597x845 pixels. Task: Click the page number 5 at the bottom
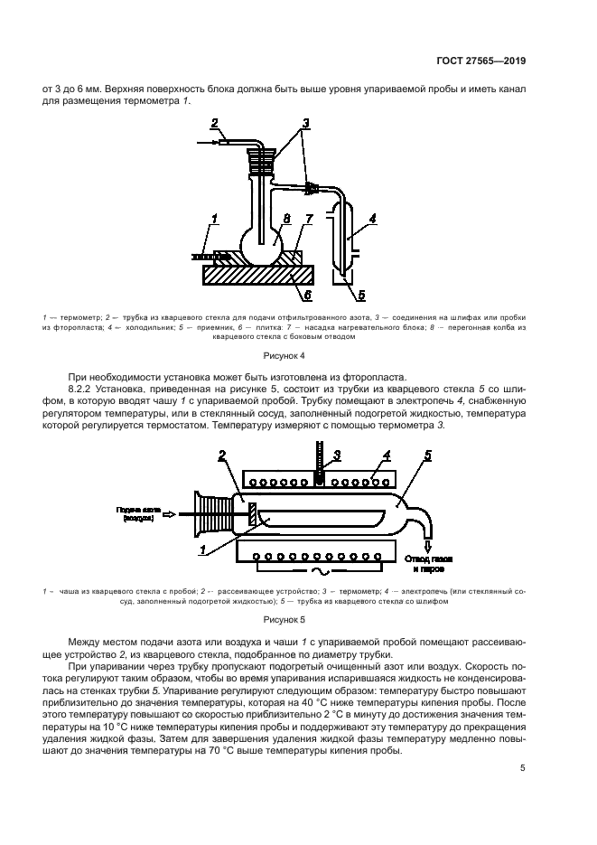click(522, 768)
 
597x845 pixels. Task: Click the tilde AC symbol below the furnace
click(316, 574)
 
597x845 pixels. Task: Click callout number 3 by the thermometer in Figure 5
click(336, 454)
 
